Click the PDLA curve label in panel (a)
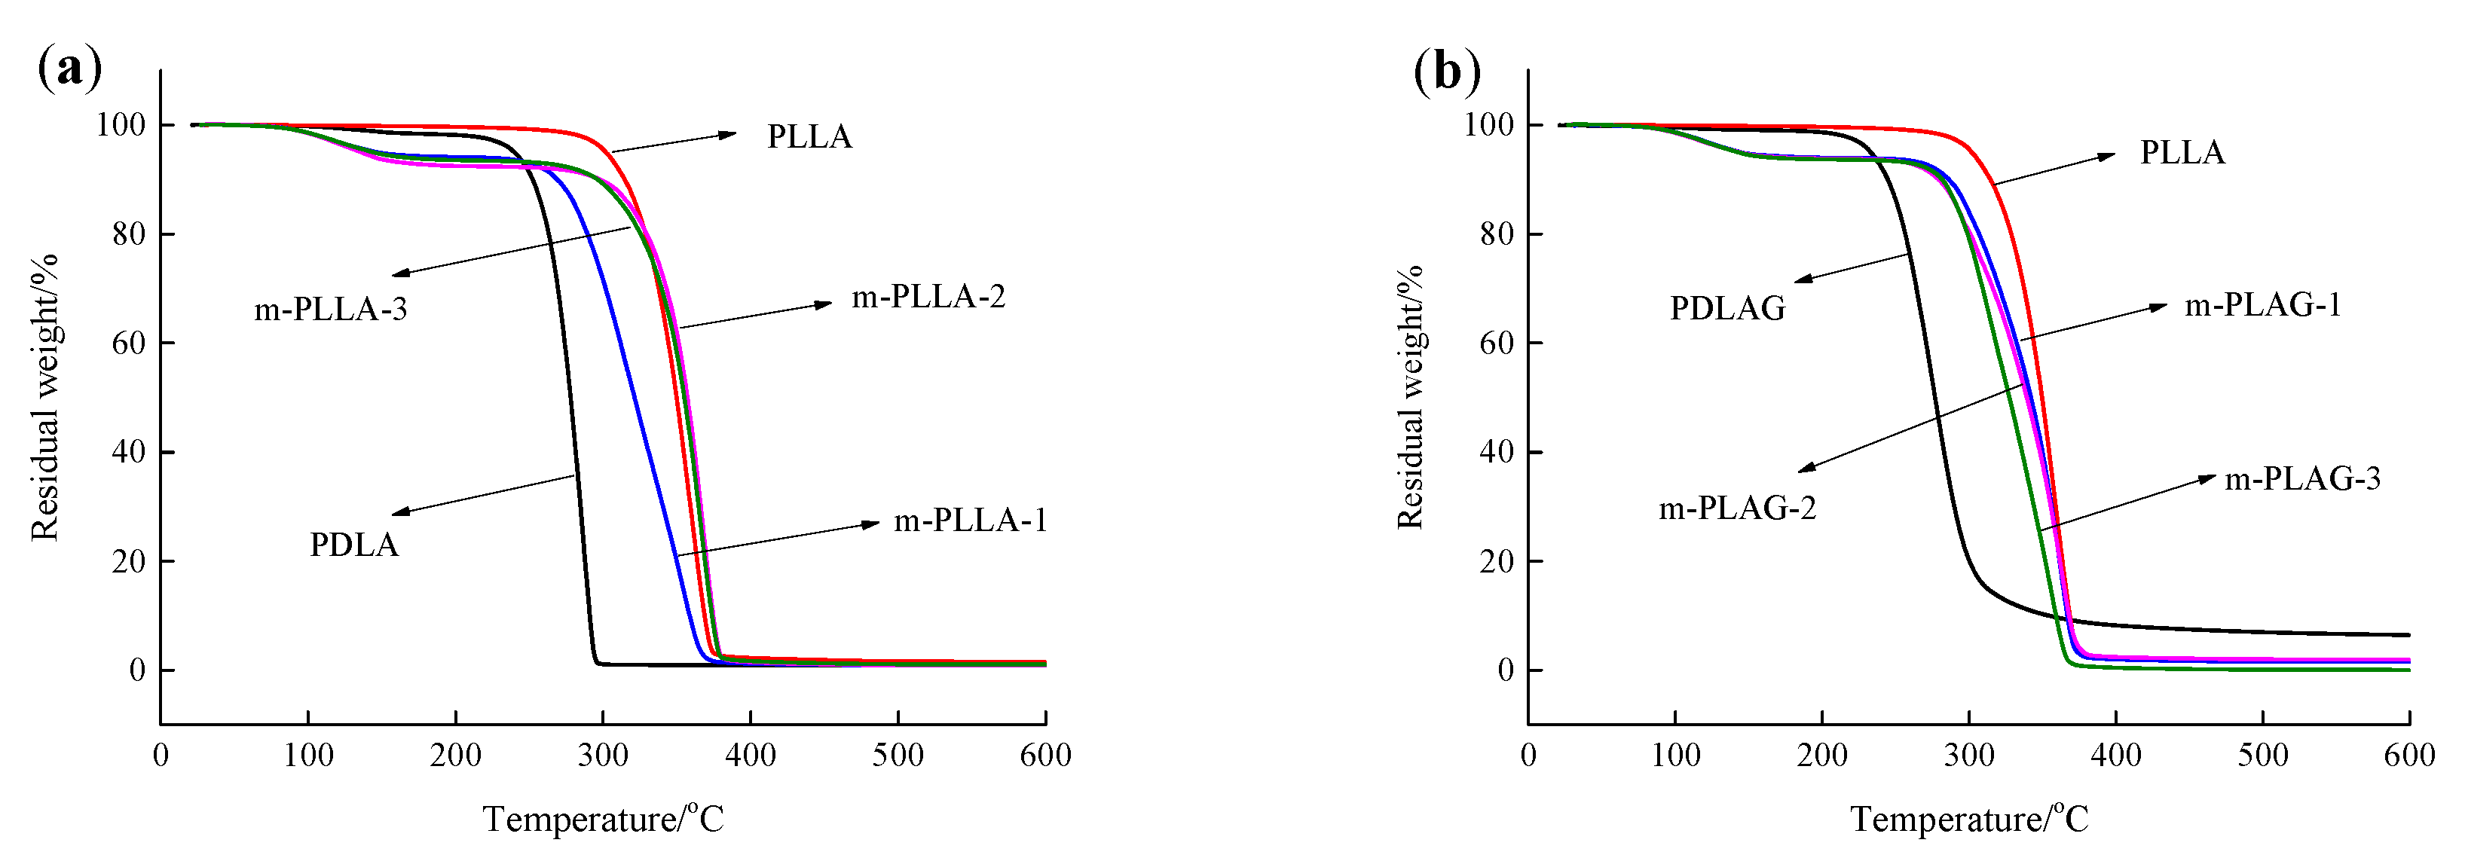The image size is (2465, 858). [353, 545]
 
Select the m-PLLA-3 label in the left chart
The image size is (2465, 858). [330, 309]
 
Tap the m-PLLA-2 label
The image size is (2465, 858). [928, 298]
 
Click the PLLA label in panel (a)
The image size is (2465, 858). [809, 137]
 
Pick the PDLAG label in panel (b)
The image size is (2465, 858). [1727, 308]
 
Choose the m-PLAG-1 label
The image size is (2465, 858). [2262, 305]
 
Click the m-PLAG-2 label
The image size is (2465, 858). [1737, 508]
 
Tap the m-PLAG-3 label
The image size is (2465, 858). [2302, 478]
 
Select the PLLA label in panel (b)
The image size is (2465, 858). [2182, 153]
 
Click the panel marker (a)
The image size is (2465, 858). [69, 70]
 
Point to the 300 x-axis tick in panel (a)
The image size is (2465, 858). [603, 756]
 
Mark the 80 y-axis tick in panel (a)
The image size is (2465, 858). [128, 234]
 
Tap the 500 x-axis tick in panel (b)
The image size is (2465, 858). [2262, 756]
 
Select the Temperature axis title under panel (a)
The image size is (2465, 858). [603, 820]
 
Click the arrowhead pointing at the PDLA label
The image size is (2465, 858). [401, 513]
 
